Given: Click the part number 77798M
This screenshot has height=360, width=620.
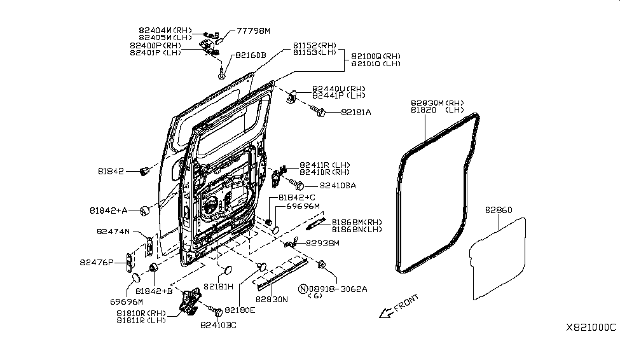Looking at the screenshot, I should tap(253, 31).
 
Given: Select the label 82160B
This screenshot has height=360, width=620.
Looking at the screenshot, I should tap(251, 55).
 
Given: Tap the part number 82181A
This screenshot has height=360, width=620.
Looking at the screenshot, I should tap(355, 113).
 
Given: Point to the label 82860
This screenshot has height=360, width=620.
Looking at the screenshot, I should tap(499, 209).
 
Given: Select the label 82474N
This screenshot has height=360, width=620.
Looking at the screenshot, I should tap(113, 232).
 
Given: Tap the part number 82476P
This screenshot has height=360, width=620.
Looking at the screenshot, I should tap(97, 261).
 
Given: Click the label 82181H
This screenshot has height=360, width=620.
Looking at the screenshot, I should tap(218, 287).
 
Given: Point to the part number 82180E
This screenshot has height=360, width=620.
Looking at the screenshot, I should tap(238, 310).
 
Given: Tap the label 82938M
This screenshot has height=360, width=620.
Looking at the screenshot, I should tap(323, 243).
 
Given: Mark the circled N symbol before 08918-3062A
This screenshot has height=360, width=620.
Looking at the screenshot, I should tap(303, 288).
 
